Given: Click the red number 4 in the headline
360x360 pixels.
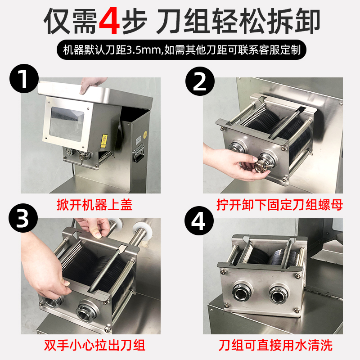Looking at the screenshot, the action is coord(109,21).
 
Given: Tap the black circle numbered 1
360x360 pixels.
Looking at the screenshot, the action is coord(24,78).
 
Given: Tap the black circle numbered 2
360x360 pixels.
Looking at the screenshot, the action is coord(200,81).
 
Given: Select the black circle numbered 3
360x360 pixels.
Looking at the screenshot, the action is coord(23,218).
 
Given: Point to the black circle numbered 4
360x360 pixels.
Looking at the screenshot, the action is coord(199,220).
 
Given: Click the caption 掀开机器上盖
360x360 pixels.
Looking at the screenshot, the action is coord(94,205).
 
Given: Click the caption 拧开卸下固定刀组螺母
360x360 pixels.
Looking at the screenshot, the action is coord(279,205).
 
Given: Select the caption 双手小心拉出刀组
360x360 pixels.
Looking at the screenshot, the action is coord(94,345).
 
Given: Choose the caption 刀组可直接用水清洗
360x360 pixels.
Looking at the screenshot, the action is coord(275,345).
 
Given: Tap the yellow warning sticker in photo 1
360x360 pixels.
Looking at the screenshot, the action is coord(104,140).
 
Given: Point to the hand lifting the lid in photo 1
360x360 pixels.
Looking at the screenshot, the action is coord(92,85).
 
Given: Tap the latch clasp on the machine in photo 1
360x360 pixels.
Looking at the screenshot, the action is coord(138,153).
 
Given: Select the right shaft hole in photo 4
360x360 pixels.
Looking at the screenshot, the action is coord(279,293).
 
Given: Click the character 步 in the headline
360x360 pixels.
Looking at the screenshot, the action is coord(134,21).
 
